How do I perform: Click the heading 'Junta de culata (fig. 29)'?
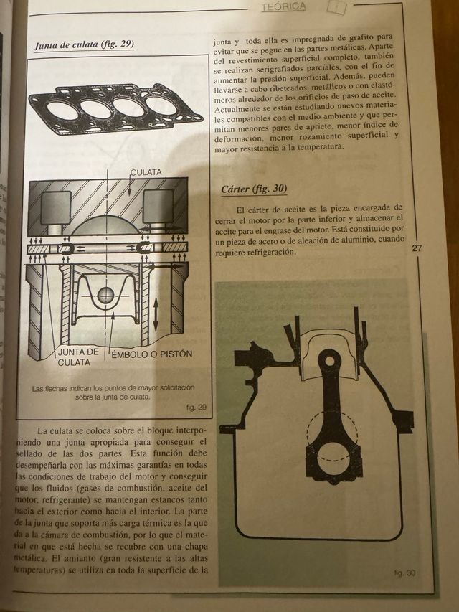(x=84, y=45)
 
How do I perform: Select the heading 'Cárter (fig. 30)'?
(x=254, y=189)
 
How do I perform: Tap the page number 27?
(x=418, y=248)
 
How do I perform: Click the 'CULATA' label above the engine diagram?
(x=146, y=173)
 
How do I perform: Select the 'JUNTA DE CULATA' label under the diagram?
(x=77, y=357)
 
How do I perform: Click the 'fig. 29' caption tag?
(x=195, y=408)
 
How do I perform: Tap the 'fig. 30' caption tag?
(x=404, y=573)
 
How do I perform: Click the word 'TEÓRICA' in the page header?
(x=283, y=6)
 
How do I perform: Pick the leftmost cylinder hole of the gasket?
(x=63, y=110)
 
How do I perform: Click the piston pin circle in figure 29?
(x=105, y=294)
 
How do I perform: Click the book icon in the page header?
(x=336, y=7)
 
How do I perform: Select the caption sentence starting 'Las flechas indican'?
(x=113, y=391)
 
